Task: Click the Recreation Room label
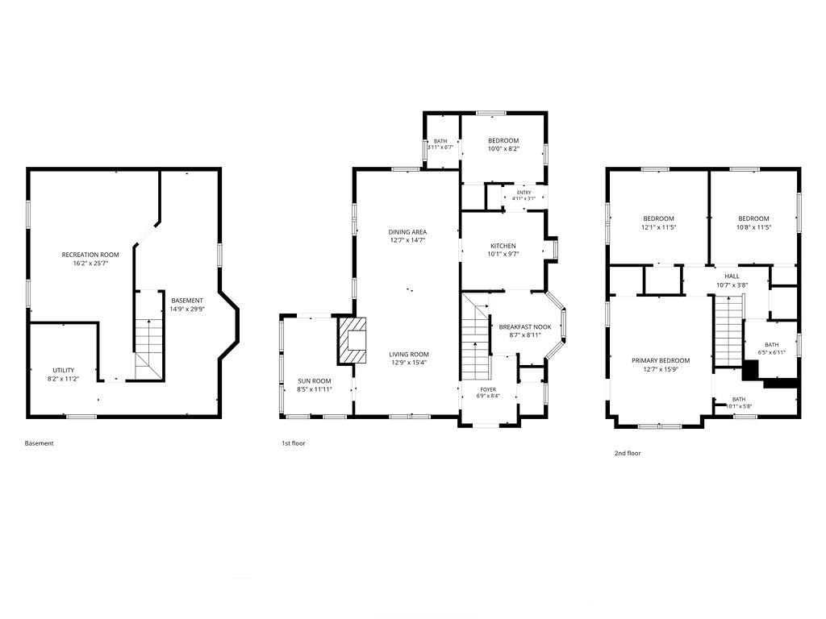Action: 90,255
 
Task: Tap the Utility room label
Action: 63,370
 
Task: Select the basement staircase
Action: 149,336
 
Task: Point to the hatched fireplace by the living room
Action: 352,340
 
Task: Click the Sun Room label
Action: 315,381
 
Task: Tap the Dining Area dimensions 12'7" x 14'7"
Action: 407,240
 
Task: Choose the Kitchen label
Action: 503,246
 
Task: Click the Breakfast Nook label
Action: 525,327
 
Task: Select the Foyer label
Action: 488,389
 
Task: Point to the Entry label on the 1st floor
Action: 524,193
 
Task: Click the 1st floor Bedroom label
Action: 503,140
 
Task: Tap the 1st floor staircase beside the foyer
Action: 476,337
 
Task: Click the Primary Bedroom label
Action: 661,360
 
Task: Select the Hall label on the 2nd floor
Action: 732,276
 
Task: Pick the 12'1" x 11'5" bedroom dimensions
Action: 658,228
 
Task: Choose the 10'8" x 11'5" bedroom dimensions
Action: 753,228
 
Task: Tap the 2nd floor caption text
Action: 628,453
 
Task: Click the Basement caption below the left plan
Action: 39,443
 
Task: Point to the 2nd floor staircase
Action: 728,330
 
